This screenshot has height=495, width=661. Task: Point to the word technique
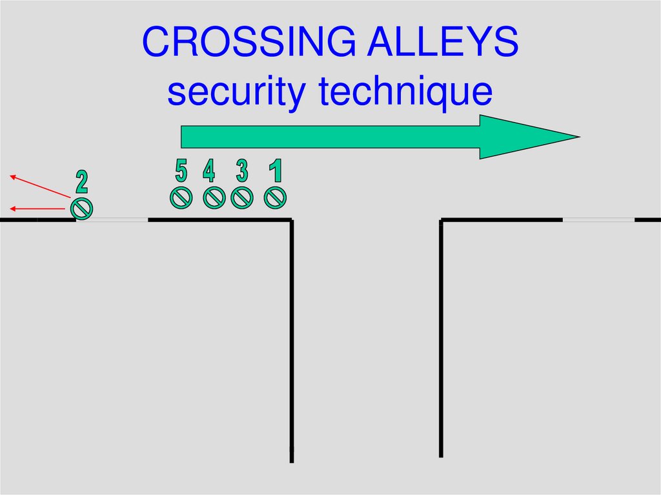pos(405,92)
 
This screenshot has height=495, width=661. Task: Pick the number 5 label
pos(181,171)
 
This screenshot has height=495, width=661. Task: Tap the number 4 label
pos(208,172)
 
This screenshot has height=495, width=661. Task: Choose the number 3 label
pos(241,172)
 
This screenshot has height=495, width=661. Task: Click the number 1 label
pos(276,172)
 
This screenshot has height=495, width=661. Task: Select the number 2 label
pos(81,182)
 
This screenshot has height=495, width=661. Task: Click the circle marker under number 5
pos(181,198)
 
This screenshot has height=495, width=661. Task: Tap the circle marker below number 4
pos(214,198)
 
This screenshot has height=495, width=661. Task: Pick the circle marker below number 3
pos(242,198)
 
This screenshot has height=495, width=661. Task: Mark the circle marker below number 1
pos(276,198)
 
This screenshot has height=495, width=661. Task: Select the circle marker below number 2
pos(81,208)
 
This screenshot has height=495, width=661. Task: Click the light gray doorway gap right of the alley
pos(598,220)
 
